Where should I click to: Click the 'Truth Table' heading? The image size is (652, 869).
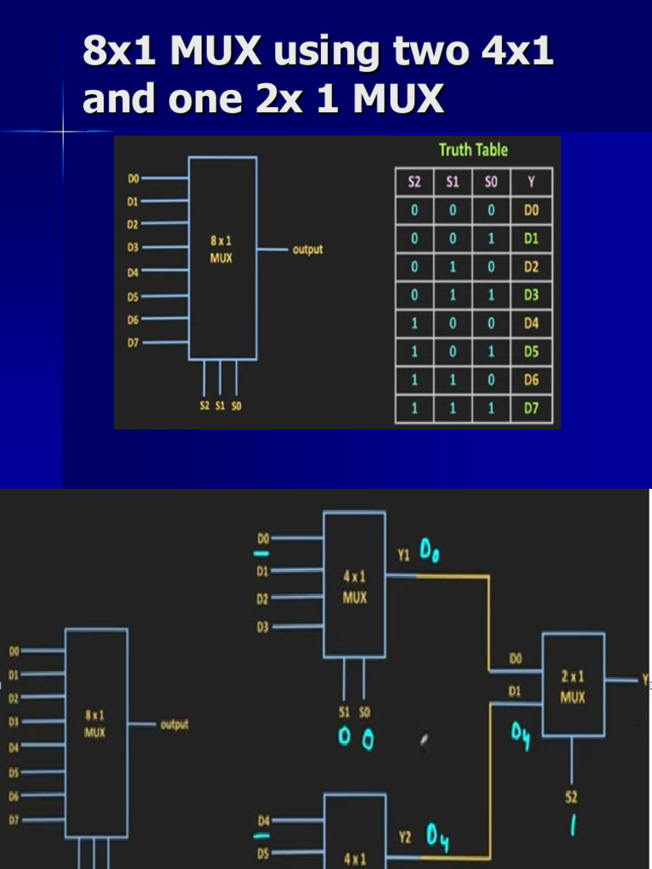point(473,150)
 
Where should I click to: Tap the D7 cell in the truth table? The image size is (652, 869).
point(531,409)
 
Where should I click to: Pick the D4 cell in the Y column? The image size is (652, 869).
point(531,323)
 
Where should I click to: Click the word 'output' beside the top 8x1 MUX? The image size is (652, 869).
point(307,250)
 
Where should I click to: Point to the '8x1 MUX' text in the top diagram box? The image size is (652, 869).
point(222,249)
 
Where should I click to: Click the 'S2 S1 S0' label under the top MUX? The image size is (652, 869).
point(221,406)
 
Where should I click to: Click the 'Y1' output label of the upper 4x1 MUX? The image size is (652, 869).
point(404,556)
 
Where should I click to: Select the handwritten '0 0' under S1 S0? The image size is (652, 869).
point(356,739)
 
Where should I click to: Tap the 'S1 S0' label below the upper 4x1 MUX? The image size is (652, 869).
point(354,711)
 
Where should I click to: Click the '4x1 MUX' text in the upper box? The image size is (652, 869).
point(355,586)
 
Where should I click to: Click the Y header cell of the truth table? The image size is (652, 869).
point(531,182)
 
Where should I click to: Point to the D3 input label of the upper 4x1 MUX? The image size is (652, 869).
point(262,627)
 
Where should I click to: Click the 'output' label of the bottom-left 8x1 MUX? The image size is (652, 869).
point(174,725)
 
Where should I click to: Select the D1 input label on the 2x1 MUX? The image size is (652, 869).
point(515,692)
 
